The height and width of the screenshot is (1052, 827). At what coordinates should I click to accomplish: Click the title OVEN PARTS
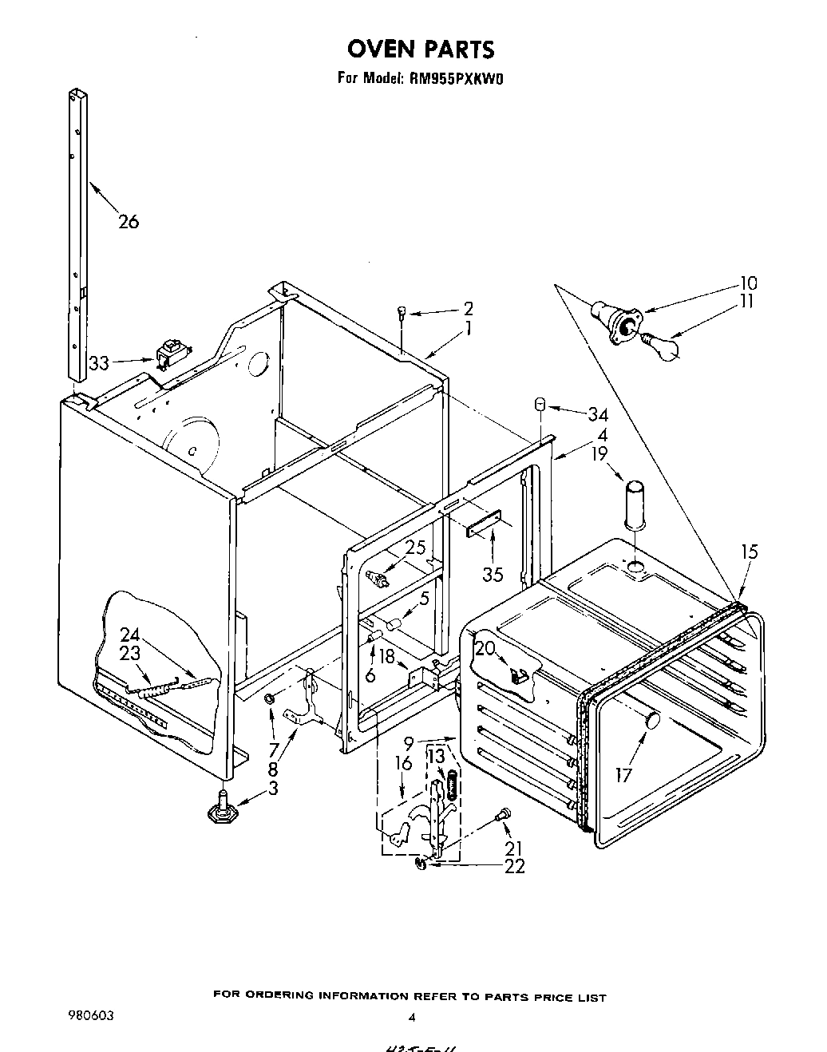420,49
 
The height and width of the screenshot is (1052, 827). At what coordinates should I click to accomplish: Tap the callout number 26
128,221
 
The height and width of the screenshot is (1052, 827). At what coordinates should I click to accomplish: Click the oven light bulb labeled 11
662,346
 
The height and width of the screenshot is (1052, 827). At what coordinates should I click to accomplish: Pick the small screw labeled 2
402,314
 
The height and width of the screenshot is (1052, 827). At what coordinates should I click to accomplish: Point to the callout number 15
749,552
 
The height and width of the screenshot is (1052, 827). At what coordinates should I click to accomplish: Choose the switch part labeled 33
168,354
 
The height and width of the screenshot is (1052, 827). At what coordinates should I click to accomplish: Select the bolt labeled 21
501,815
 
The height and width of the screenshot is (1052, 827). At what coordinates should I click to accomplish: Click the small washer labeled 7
270,699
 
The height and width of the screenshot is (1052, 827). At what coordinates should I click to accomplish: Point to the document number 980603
91,1016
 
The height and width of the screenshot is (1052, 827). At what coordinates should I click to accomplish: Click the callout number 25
414,548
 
